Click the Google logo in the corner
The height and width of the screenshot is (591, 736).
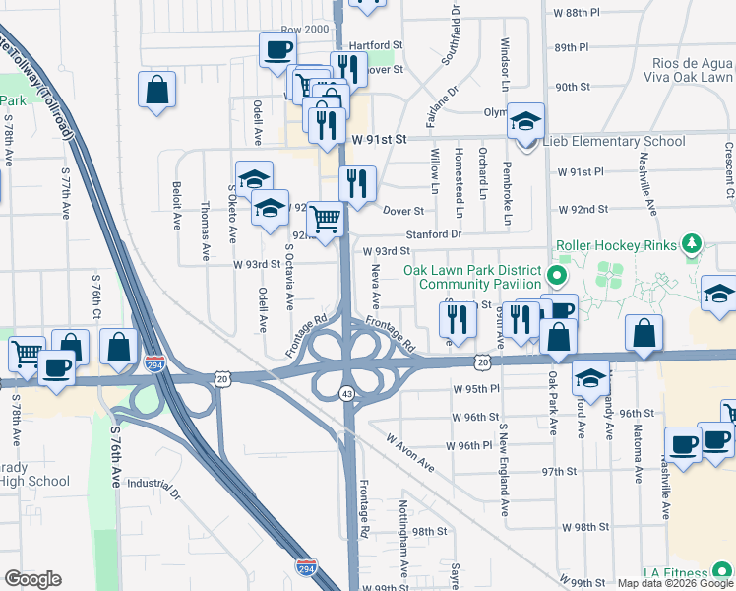click(x=32, y=579)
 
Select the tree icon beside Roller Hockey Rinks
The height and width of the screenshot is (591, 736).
click(x=693, y=243)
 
